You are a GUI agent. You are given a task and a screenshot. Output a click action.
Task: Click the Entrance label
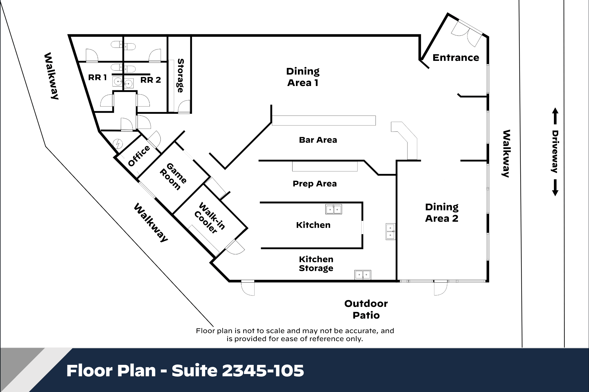pyautogui.click(x=456, y=58)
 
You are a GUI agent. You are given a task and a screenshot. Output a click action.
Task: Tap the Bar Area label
pyautogui.click(x=318, y=140)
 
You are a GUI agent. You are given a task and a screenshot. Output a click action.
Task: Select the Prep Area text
pyautogui.click(x=314, y=184)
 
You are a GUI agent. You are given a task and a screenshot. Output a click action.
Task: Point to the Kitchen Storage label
pyautogui.click(x=316, y=264)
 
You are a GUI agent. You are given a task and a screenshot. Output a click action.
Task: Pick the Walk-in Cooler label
pyautogui.click(x=209, y=218)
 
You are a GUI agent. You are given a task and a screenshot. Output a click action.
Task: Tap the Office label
pyautogui.click(x=139, y=156)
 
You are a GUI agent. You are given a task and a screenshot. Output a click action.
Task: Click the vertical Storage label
pyautogui.click(x=180, y=75)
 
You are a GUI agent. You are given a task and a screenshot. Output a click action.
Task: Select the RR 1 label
pyautogui.click(x=97, y=77)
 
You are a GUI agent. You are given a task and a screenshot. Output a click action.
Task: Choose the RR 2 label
pyautogui.click(x=150, y=80)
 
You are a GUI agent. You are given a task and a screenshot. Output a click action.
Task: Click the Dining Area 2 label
pyautogui.click(x=442, y=213)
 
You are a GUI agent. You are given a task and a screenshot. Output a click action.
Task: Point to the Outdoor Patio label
pyautogui.click(x=366, y=309)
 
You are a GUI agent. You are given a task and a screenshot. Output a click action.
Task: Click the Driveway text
pyautogui.click(x=555, y=152)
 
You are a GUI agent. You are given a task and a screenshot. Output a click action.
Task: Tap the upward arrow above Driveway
pyautogui.click(x=555, y=116)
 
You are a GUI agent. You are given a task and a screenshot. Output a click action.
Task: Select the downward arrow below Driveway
pyautogui.click(x=555, y=187)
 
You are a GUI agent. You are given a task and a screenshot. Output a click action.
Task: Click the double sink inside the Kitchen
pyautogui.click(x=334, y=209)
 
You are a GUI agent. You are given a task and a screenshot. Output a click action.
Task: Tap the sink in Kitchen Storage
pyautogui.click(x=363, y=275)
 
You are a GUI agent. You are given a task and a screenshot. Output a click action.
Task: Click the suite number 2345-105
pyautogui.click(x=263, y=371)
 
